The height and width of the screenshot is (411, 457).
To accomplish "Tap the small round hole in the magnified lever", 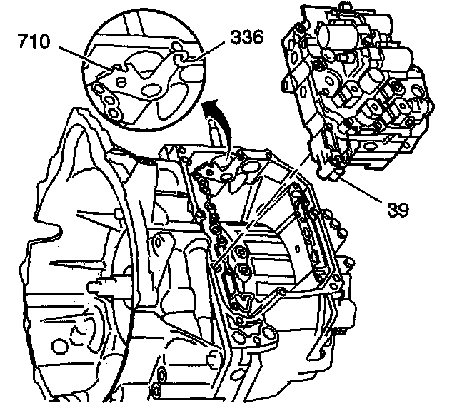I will [x=121, y=84].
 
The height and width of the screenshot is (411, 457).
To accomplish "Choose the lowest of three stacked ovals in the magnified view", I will [x=114, y=111].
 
